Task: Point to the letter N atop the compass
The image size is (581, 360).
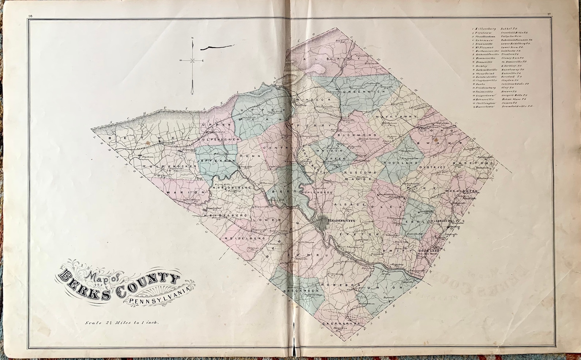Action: tap(193, 38)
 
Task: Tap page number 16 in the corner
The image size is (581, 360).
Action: tap(29, 15)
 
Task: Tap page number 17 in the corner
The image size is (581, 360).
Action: tap(550, 15)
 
